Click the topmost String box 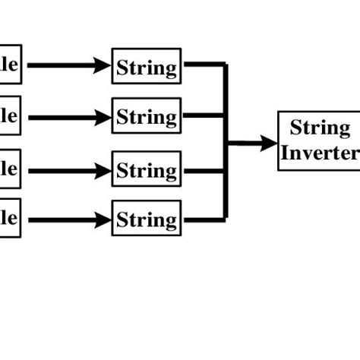pos(147,66)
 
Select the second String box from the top pos(147,116)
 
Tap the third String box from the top pos(147,169)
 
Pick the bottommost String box pos(147,219)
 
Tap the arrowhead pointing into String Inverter pos(268,142)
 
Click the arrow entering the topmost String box pos(68,66)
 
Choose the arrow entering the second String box pos(68,118)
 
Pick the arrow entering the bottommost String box pos(68,220)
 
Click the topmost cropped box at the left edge pos(10,65)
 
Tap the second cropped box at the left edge pos(10,116)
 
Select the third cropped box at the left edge pos(10,169)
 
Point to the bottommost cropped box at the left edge pos(10,219)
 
